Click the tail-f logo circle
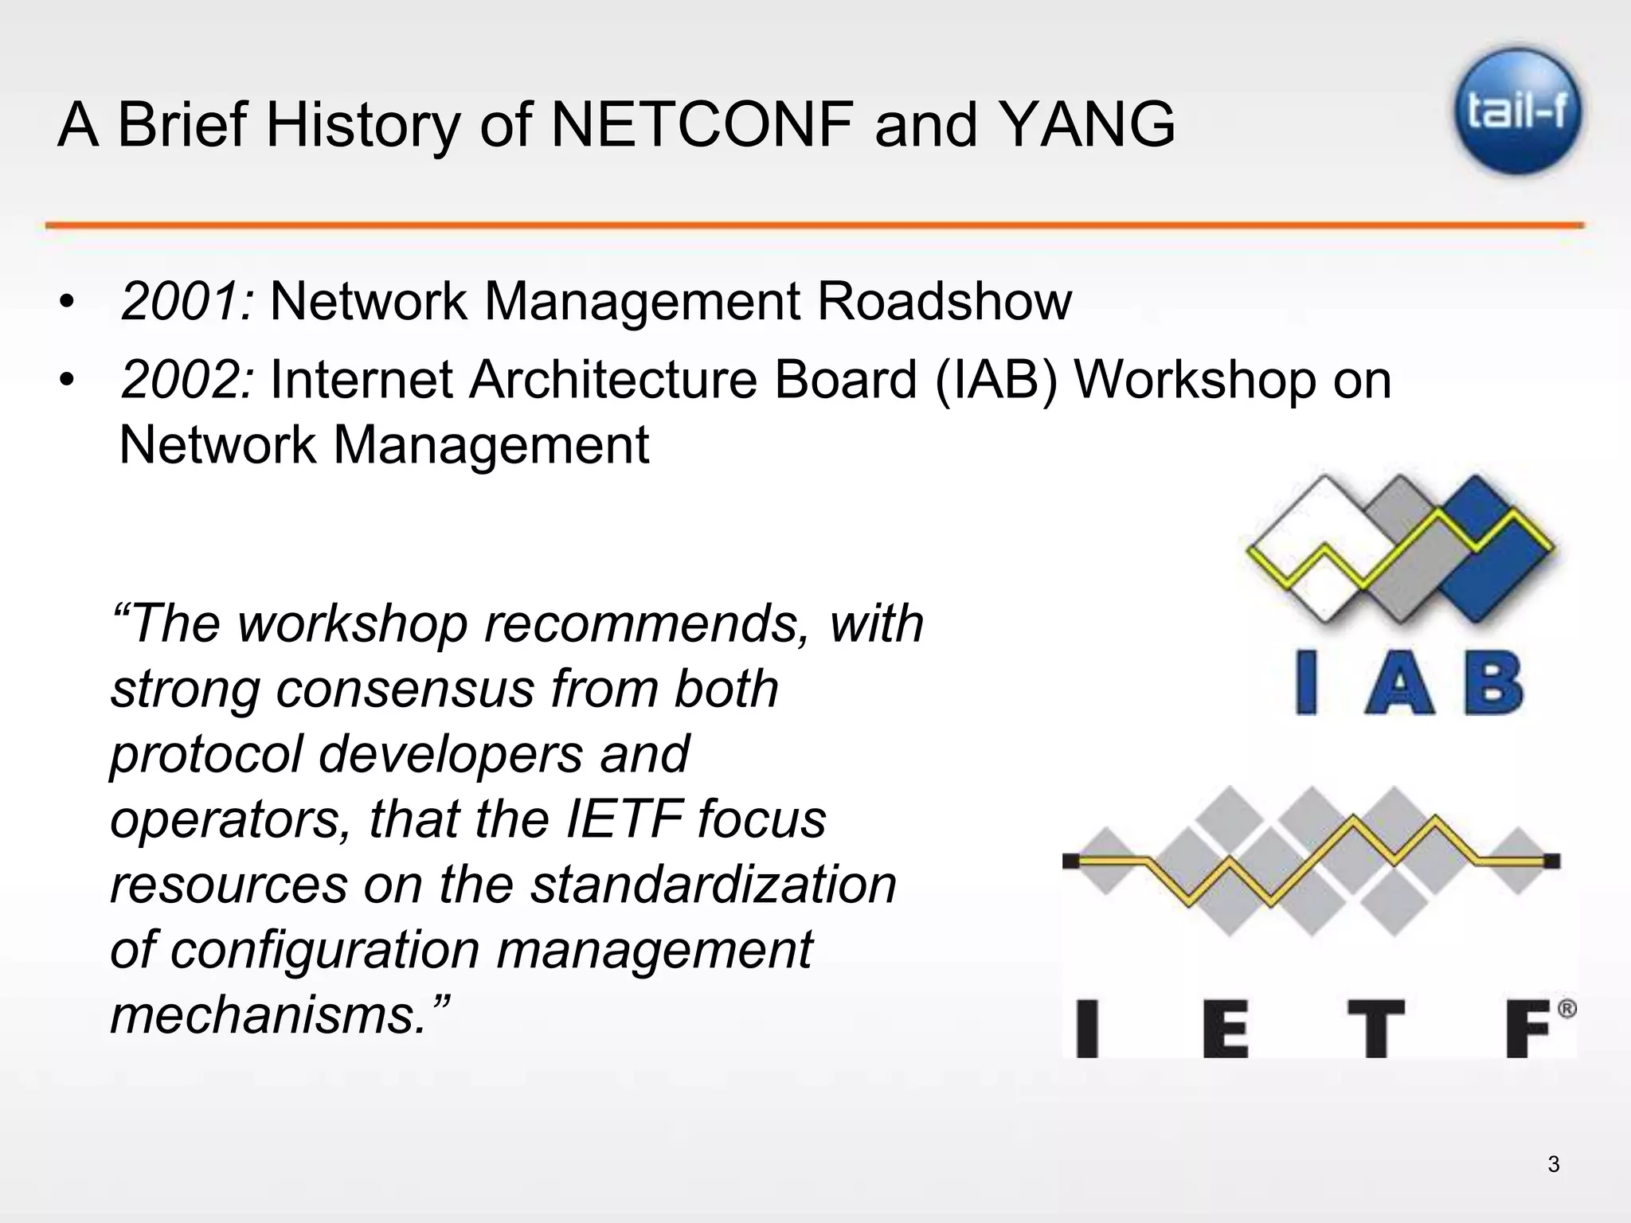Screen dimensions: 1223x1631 click(1518, 111)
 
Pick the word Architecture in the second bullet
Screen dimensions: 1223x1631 click(613, 380)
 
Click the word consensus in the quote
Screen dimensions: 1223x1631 click(405, 689)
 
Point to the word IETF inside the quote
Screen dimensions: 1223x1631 click(624, 819)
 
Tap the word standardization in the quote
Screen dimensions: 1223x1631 click(713, 885)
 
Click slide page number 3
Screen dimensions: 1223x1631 click(1553, 1165)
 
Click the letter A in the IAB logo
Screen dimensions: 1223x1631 click(1400, 684)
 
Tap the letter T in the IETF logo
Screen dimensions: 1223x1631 click(1375, 1029)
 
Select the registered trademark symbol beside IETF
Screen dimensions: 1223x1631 click(1565, 1010)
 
